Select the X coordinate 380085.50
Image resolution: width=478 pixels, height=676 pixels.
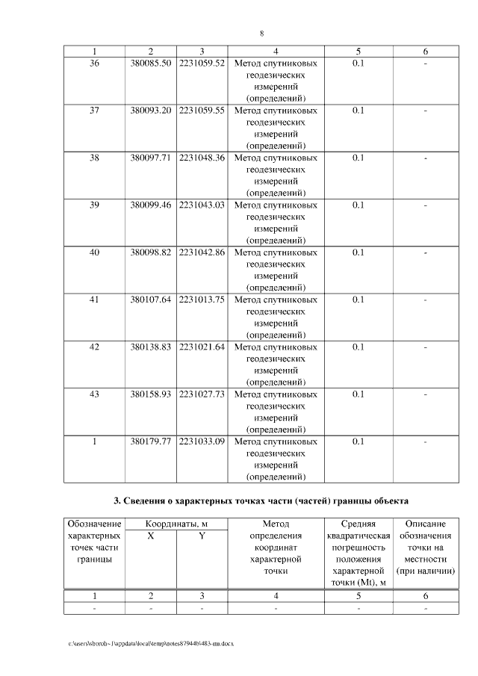click(151, 63)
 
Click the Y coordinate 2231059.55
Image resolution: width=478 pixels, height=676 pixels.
click(202, 111)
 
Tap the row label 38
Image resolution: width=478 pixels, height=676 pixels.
click(94, 158)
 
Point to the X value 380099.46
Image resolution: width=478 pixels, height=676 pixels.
click(151, 205)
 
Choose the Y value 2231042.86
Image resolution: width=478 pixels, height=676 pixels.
click(202, 252)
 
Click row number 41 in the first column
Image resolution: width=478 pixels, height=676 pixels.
click(94, 300)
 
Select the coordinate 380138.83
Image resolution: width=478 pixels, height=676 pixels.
click(151, 347)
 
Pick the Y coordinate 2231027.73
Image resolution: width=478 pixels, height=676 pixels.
click(202, 394)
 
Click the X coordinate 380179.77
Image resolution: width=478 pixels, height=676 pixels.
click(151, 441)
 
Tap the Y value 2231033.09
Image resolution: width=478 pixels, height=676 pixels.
click(202, 441)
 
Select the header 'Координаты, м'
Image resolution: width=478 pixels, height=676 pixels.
click(176, 524)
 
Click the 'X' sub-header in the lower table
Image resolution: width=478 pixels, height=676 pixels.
click(151, 536)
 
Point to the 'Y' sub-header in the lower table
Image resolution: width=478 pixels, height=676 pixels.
click(202, 536)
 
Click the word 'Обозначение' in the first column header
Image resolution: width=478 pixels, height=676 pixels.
click(94, 524)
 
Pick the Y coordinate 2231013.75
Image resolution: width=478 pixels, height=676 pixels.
click(202, 300)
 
